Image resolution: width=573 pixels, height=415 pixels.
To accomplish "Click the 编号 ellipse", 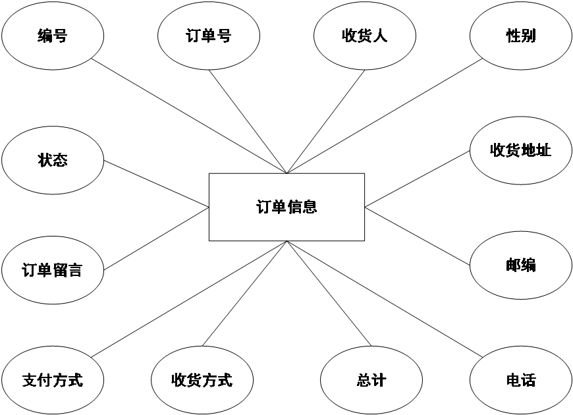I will [x=53, y=36].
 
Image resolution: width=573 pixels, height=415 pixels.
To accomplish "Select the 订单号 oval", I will [x=209, y=36].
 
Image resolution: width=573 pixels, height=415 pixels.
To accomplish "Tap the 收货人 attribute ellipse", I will [x=364, y=36].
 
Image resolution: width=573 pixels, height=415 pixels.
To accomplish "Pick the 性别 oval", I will [x=520, y=36].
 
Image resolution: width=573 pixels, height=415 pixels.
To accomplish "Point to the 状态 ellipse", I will [x=53, y=160].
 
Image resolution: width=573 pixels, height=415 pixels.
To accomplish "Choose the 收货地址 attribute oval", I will [x=520, y=150].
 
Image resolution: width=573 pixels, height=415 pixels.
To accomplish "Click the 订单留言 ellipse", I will [x=53, y=270].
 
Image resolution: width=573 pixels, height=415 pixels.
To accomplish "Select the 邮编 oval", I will [x=520, y=265].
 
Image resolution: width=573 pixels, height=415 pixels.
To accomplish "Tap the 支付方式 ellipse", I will [x=53, y=380].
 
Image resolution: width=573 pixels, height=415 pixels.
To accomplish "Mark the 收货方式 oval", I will [x=202, y=380].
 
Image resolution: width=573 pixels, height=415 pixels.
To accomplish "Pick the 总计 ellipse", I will [x=371, y=380].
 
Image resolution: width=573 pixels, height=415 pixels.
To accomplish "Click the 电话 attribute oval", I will [x=520, y=380].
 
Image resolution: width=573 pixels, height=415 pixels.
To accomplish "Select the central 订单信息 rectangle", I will [x=286, y=207].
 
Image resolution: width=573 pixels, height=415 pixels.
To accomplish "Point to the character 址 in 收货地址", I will [x=543, y=150].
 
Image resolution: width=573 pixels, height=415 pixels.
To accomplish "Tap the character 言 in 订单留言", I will [x=75, y=270].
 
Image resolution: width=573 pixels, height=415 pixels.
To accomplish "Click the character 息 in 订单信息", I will [x=310, y=207].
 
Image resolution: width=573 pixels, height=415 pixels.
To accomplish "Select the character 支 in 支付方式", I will [x=30, y=380].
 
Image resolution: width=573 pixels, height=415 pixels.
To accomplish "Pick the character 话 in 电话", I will [x=528, y=380].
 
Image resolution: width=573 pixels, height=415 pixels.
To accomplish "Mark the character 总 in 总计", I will [x=364, y=380].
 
